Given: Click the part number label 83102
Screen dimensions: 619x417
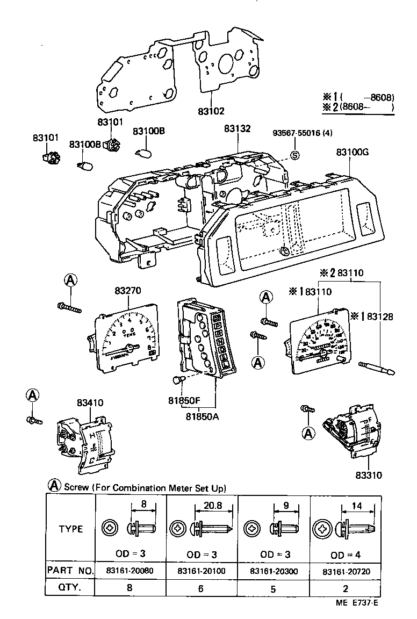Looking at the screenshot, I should click(211, 111).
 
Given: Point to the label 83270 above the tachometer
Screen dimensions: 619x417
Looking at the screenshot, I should click(128, 291).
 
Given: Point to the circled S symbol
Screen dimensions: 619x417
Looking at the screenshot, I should click(294, 156).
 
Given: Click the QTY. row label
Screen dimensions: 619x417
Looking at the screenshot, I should click(69, 588).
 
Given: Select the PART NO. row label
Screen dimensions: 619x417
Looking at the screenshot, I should click(70, 570).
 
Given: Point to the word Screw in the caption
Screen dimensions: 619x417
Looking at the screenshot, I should click(75, 488).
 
